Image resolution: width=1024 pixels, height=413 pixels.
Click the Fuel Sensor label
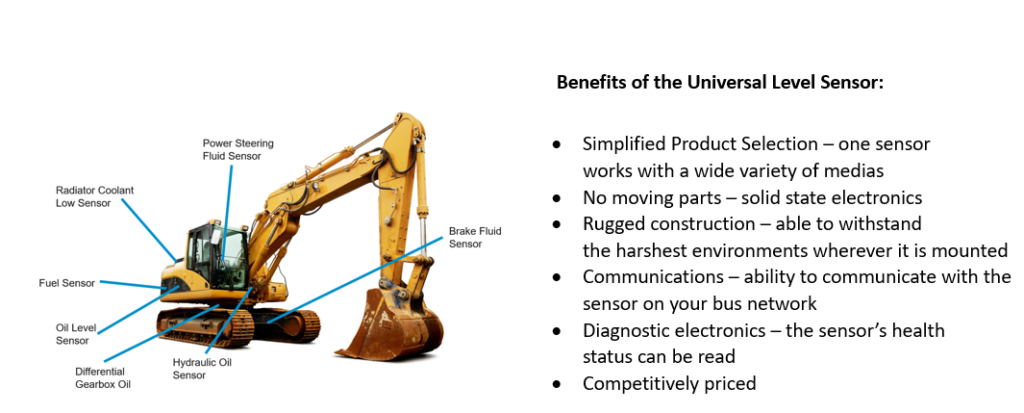(x=67, y=284)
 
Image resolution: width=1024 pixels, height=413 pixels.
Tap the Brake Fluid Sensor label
(x=475, y=238)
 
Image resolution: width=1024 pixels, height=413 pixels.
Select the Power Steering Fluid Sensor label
(x=237, y=149)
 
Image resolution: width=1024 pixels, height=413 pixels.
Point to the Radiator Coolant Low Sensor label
(x=94, y=196)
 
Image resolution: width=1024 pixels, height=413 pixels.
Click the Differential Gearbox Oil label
(x=103, y=378)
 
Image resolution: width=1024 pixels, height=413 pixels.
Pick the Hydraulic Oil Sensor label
(x=202, y=369)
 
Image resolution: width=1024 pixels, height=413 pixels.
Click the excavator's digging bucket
(x=389, y=323)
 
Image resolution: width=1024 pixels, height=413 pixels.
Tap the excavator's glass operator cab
(x=216, y=257)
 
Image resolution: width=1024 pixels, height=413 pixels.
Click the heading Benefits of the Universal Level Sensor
(x=719, y=84)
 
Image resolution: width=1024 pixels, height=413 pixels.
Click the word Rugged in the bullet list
(x=612, y=224)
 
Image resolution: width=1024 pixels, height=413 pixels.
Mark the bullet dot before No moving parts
(x=557, y=198)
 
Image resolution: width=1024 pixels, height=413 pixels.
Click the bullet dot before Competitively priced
(x=557, y=383)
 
